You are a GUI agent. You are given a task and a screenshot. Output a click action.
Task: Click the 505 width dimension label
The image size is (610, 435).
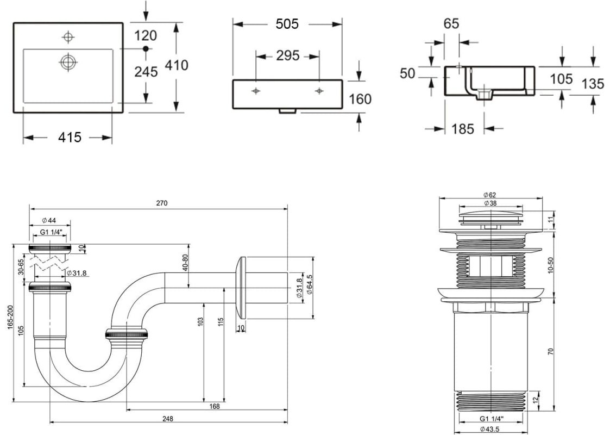[287, 24]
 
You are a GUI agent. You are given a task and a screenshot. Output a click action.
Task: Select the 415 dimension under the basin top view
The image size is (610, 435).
[70, 137]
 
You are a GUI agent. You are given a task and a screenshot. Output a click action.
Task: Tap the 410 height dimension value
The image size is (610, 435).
[177, 65]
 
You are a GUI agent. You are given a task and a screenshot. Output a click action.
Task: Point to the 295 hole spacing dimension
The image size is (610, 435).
[287, 55]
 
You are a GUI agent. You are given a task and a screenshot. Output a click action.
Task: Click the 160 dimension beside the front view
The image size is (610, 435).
[360, 99]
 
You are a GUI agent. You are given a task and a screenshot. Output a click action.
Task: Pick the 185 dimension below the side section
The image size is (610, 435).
[463, 128]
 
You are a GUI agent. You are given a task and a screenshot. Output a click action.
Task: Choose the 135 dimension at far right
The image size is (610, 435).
[593, 84]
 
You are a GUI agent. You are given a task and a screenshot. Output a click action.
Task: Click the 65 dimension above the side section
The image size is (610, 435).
[451, 23]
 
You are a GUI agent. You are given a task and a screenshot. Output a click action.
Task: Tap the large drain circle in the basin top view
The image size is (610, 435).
[68, 61]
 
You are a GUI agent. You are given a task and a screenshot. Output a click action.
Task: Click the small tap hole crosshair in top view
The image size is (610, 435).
[68, 37]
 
